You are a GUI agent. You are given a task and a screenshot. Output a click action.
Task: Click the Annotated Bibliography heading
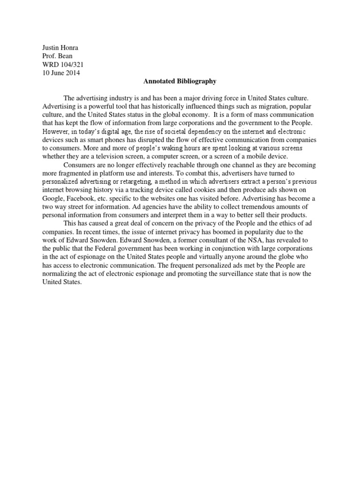click(x=180, y=81)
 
